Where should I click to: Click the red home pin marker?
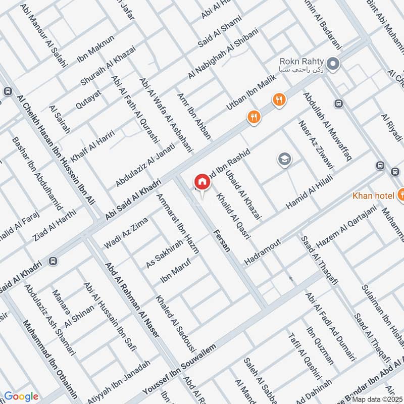coord(202,182)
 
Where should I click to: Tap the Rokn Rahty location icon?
coord(332,64)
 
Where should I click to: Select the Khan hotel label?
coord(374,195)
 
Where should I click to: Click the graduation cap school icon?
coord(285,160)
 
